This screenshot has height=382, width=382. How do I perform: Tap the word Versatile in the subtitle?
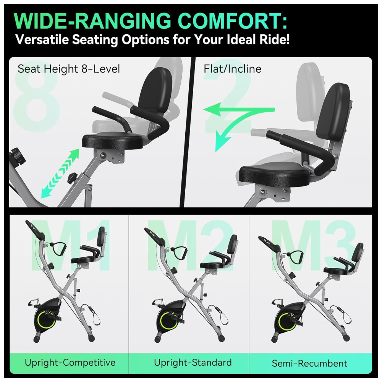[x=42, y=39]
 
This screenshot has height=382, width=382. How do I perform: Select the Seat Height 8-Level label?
[x=69, y=69]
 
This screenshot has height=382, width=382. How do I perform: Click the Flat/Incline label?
[x=232, y=69]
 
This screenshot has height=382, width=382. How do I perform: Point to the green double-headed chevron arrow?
[x=60, y=173]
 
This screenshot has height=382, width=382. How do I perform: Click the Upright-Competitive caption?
[x=70, y=363]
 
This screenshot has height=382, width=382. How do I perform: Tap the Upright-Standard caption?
[x=193, y=363]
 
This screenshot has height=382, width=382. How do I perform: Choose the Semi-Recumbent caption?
[x=309, y=363]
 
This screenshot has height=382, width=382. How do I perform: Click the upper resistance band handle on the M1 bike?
[x=58, y=249]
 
